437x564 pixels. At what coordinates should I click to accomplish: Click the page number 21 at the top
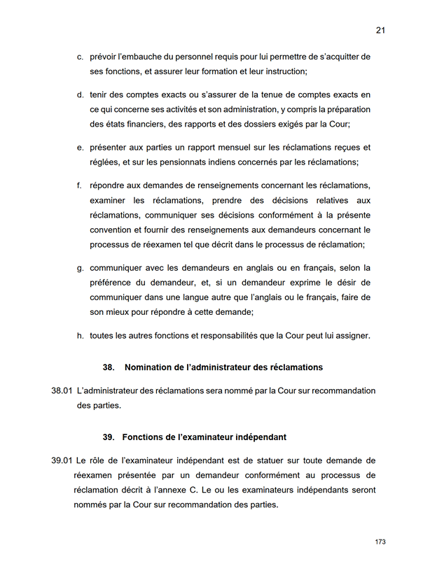[x=380, y=30]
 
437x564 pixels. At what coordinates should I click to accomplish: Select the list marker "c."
[x=81, y=56]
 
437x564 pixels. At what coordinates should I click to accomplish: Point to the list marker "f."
[x=80, y=185]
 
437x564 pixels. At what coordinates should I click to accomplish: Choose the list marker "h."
[x=81, y=336]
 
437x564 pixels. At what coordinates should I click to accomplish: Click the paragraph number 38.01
[x=62, y=390]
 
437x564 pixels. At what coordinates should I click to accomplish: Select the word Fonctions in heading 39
[x=143, y=437]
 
